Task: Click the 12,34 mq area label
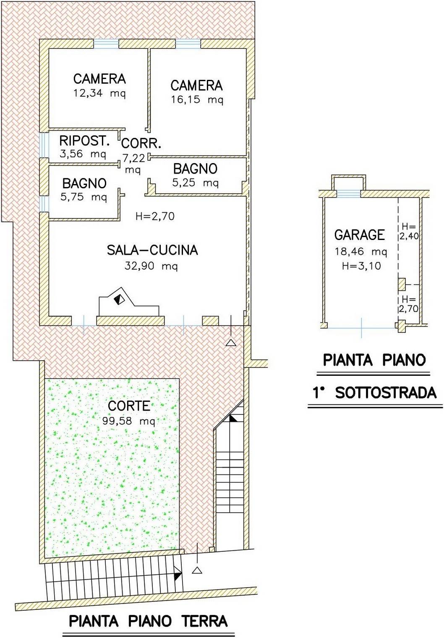pos(99,93)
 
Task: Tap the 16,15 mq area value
pos(197,100)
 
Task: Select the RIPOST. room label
pos(84,141)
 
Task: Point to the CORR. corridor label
pos(141,144)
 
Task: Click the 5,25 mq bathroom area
pos(196,182)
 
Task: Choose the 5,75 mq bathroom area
pos(84,197)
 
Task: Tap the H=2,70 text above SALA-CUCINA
pos(155,216)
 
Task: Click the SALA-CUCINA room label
pos(152,250)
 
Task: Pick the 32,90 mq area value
pos(151,266)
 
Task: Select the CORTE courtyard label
pos(129,406)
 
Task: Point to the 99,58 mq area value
pos(129,421)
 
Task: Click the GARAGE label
pos(360,235)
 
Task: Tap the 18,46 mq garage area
pos(360,252)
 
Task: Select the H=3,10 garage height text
pos(361,266)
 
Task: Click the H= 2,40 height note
pos(409,232)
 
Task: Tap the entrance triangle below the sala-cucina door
pos(231,343)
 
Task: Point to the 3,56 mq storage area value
pos(83,154)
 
